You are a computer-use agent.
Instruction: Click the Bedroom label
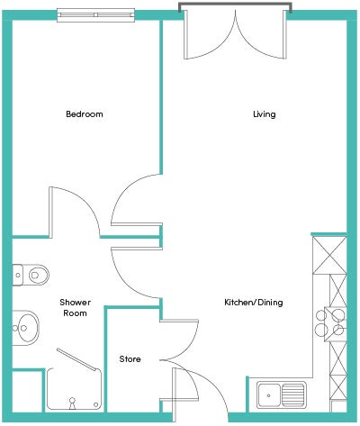coord(85,114)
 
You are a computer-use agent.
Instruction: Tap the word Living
coord(265,114)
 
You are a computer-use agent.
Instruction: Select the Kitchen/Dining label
coord(254,302)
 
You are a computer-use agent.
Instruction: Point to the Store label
coord(130,359)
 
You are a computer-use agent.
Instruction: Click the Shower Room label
coord(75,308)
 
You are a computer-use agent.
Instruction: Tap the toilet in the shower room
coord(31,275)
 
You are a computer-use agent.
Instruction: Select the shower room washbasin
coord(26,328)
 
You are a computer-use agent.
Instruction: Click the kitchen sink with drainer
coord(282,394)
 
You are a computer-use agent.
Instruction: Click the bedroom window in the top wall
coord(95,14)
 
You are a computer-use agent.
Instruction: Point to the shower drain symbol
coord(72,403)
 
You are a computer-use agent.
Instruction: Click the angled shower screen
coord(78,359)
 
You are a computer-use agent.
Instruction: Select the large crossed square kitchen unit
coord(329,255)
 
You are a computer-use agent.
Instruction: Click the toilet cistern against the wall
coord(18,275)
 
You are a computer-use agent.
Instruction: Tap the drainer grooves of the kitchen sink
coord(292,394)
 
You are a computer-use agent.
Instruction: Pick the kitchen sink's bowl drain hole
coord(268,395)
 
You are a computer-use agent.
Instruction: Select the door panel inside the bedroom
coord(51,213)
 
